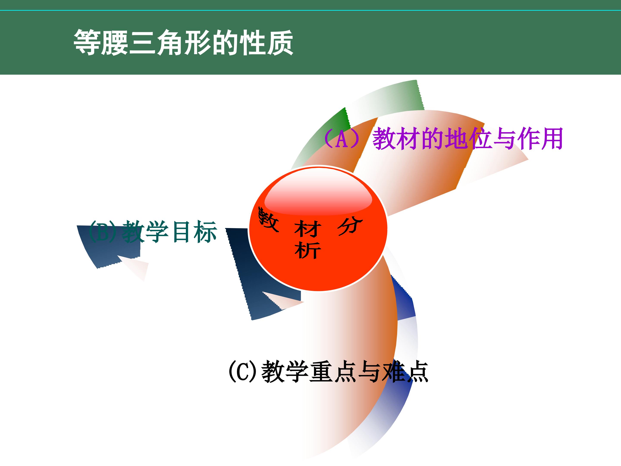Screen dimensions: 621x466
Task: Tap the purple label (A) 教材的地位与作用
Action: (x=443, y=139)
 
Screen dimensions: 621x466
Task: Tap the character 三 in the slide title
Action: (x=142, y=43)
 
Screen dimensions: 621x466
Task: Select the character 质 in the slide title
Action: (x=280, y=43)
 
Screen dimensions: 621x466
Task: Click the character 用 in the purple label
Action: (x=552, y=139)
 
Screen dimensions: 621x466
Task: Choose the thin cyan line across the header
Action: (x=310, y=11)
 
